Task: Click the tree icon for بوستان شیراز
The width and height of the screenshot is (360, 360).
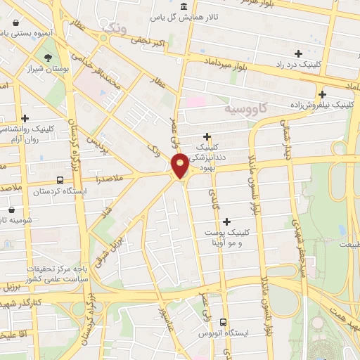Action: (47, 58)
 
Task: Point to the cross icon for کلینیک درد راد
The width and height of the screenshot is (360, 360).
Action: (299, 53)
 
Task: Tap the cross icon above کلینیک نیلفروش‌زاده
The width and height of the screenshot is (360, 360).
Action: (323, 94)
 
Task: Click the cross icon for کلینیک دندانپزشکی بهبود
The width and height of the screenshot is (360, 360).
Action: (207, 136)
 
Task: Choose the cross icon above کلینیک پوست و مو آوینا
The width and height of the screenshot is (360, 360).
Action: (226, 221)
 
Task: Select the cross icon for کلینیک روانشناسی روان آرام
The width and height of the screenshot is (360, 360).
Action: (25, 119)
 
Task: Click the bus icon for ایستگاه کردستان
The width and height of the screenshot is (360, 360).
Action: (60, 180)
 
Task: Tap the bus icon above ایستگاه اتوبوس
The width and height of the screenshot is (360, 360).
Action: (223, 321)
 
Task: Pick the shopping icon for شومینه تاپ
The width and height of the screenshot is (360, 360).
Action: (11, 209)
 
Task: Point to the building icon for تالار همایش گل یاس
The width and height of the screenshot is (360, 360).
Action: (184, 7)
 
